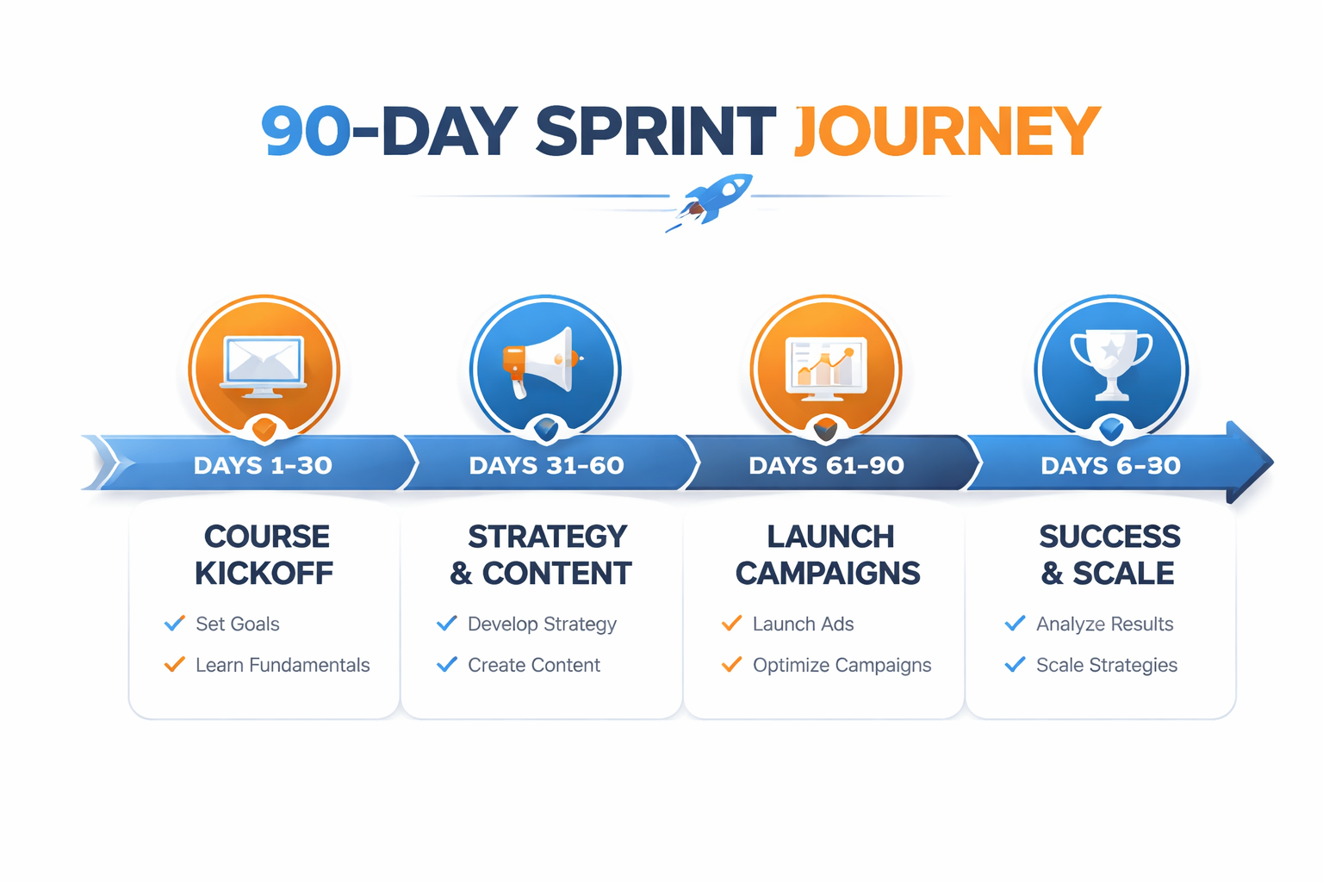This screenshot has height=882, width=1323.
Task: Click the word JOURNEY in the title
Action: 947,131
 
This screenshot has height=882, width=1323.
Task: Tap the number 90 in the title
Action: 306,131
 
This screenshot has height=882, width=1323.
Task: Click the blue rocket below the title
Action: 711,200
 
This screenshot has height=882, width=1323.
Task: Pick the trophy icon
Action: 1111,364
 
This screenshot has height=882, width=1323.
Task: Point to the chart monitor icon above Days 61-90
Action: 826,369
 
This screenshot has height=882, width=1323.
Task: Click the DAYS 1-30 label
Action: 263,465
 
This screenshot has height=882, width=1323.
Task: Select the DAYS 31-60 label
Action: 546,465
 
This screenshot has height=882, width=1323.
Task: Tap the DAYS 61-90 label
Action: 826,465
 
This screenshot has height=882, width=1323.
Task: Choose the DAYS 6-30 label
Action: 1110,465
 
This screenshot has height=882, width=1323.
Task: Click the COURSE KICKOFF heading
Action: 264,555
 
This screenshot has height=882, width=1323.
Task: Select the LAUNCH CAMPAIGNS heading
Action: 828,555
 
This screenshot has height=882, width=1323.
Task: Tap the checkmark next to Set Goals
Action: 175,623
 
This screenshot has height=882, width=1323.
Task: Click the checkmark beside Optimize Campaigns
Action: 732,664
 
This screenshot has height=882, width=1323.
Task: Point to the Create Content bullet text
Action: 534,665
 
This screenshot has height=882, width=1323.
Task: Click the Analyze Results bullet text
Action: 1104,624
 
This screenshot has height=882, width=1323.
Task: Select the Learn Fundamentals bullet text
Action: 283,665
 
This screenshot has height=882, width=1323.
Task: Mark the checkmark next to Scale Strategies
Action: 1015,664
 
